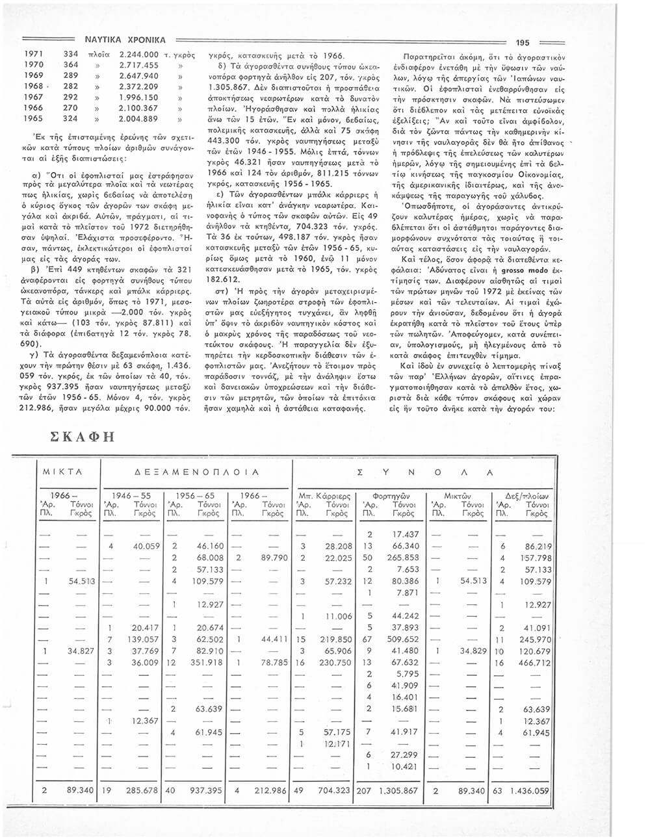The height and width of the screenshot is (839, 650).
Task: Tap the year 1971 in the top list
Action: tap(34, 55)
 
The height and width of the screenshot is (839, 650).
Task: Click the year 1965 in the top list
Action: tap(34, 119)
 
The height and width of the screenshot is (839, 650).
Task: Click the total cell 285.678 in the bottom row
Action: tap(141, 792)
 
